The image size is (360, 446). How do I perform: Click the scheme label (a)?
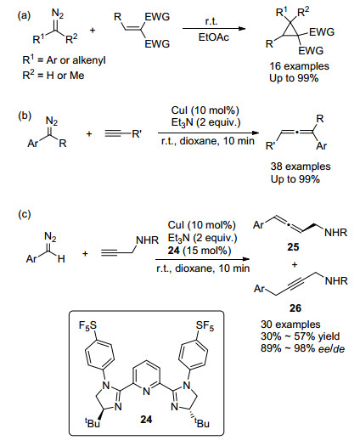point(24,15)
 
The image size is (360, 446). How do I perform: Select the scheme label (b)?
point(25,116)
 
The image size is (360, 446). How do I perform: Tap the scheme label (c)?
point(24,214)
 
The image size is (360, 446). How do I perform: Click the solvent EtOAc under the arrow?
point(214,37)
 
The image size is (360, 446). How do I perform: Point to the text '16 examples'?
point(299,66)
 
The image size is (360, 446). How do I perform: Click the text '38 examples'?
point(301,167)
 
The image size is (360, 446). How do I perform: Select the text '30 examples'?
point(290,325)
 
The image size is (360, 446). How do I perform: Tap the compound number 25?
point(293,246)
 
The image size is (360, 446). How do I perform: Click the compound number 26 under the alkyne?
point(295,308)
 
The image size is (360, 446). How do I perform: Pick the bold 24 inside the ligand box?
point(146,419)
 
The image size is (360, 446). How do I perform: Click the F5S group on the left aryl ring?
point(87,325)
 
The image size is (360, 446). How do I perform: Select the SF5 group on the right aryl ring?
point(205,325)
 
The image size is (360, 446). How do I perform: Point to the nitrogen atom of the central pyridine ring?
point(146,392)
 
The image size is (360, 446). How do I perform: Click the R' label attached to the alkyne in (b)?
point(137,133)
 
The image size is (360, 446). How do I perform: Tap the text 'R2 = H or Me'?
point(53,75)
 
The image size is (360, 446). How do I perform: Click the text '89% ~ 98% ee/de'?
point(302,348)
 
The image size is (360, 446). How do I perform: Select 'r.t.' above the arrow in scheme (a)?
point(211,21)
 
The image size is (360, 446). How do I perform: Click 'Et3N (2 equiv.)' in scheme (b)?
point(205,122)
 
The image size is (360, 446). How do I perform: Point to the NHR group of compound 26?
point(336,281)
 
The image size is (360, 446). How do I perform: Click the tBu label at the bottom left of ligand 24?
point(93,423)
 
